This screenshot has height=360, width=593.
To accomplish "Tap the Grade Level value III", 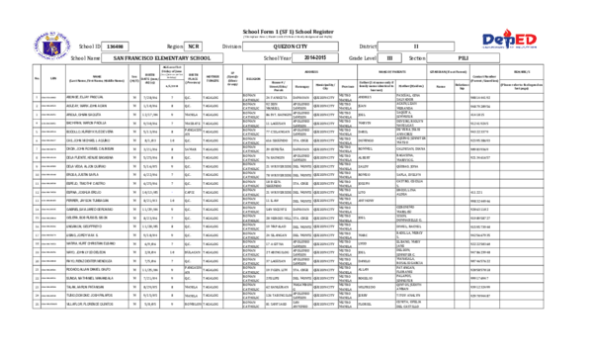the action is (x=388, y=59).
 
